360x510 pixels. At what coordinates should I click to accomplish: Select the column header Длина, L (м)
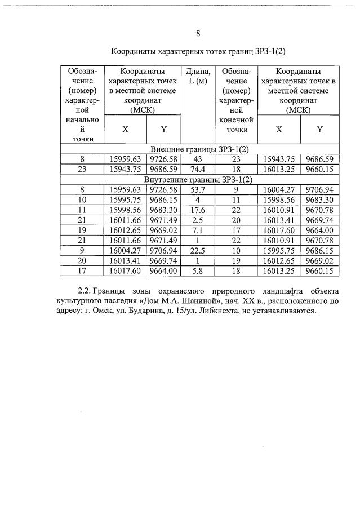[198, 76]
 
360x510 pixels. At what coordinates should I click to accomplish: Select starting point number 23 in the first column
[82, 169]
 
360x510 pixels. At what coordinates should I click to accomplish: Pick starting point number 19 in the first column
[82, 230]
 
